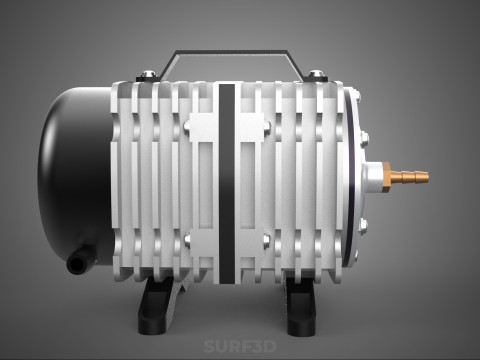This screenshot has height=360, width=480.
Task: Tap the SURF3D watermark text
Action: (x=240, y=348)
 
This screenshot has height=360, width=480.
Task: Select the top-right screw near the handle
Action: (x=317, y=74)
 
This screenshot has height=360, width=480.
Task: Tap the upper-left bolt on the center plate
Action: (x=190, y=125)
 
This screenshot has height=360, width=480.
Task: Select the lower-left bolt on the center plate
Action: (x=190, y=238)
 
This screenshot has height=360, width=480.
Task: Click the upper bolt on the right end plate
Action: (x=363, y=128)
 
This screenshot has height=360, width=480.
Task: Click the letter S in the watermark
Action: (x=208, y=348)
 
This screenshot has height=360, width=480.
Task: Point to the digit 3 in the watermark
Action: (x=254, y=348)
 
